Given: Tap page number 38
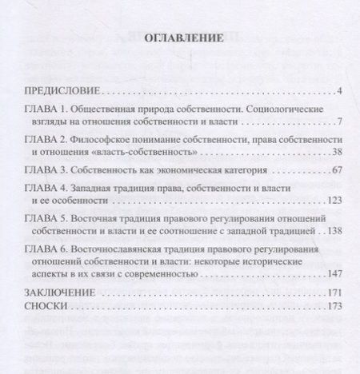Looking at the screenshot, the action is point(336,153).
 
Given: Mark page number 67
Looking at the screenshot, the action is point(336,170).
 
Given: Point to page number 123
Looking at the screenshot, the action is point(334,202).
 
